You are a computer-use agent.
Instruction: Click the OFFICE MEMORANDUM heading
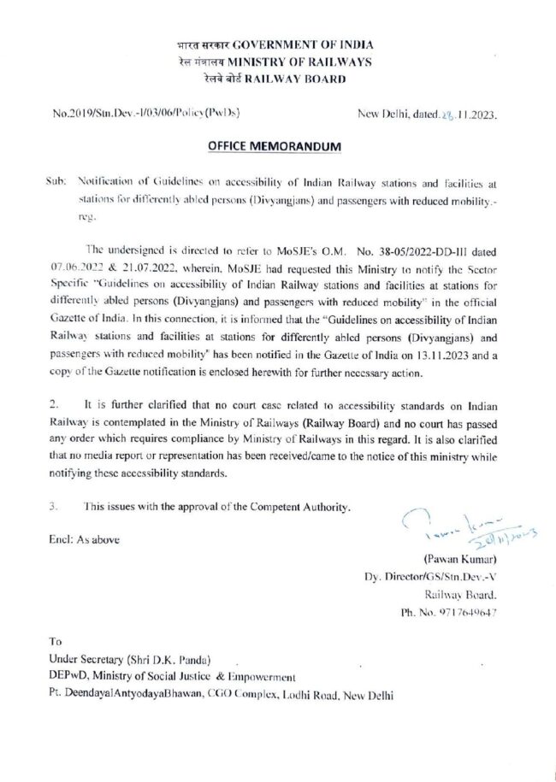277,147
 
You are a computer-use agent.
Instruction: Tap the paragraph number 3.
54,507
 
